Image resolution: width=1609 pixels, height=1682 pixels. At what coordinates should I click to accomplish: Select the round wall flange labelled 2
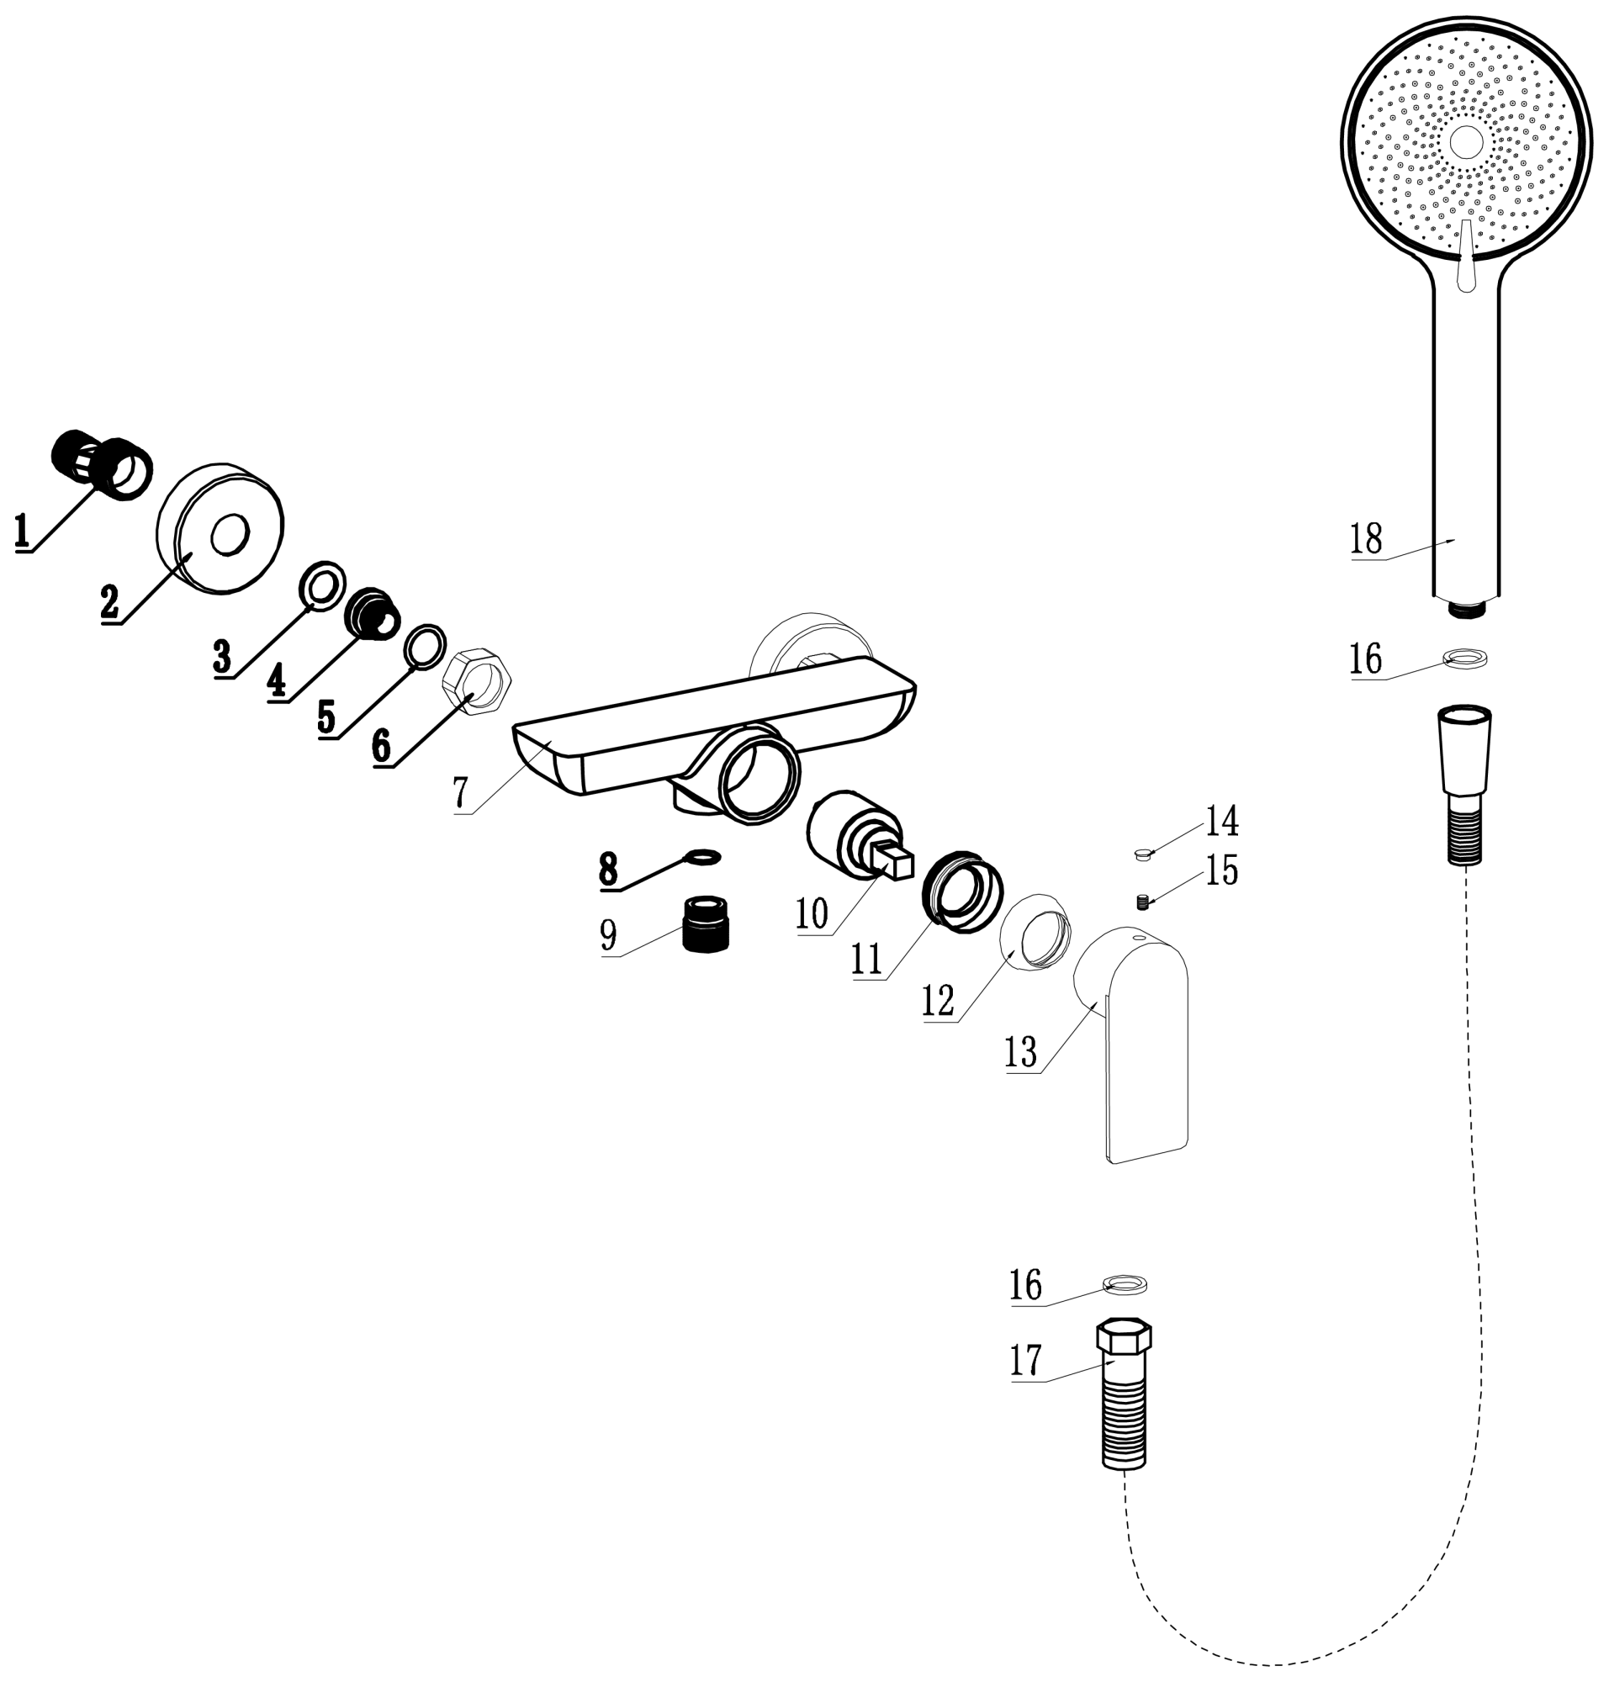tap(220, 528)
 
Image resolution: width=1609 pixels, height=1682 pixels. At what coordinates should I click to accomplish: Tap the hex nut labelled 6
tap(477, 681)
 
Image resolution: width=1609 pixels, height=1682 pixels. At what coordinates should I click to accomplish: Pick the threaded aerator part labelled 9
tap(705, 923)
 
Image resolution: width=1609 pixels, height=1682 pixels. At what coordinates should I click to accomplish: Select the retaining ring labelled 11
tap(962, 892)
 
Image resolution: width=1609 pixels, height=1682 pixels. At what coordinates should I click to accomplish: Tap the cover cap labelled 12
tap(1035, 931)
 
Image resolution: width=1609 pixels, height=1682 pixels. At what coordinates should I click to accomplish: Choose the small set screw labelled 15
tap(1142, 902)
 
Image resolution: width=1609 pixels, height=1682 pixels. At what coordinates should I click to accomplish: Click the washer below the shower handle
tap(1465, 659)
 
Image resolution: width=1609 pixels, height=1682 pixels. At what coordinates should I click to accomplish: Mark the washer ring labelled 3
tap(322, 587)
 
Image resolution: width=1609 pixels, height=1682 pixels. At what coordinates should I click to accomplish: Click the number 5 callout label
tap(326, 717)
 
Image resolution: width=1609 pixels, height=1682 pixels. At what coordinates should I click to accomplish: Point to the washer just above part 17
tap(1125, 1284)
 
